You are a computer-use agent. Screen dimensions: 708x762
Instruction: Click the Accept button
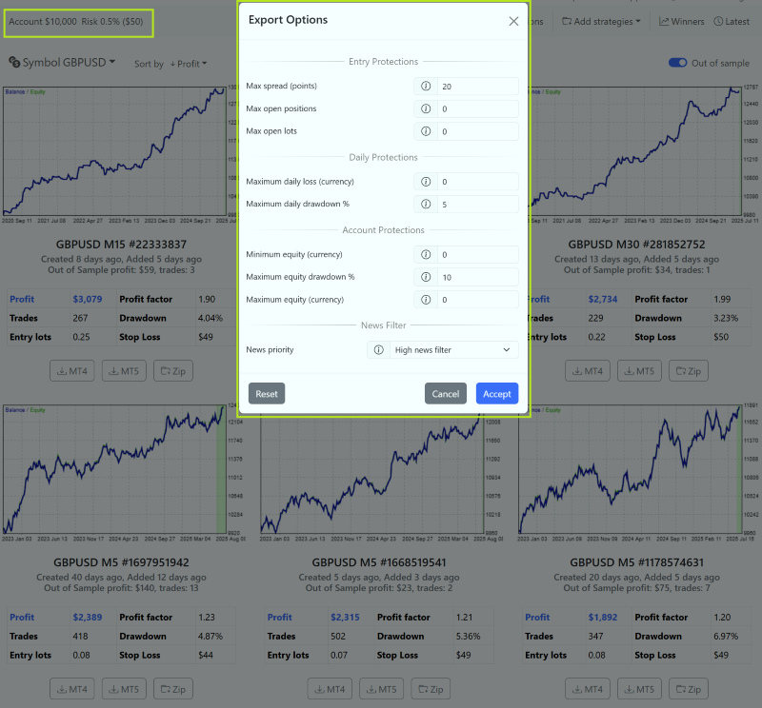(496, 394)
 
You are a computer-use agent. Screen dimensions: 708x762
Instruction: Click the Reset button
(267, 394)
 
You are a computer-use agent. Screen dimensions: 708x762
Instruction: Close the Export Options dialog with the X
(513, 21)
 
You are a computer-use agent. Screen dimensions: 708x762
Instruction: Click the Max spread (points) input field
(477, 87)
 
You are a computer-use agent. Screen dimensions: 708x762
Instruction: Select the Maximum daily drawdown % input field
(477, 205)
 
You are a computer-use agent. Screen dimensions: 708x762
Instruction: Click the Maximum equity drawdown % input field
(477, 277)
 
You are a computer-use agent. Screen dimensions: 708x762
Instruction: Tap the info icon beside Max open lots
(426, 131)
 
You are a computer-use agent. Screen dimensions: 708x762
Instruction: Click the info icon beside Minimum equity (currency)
(426, 255)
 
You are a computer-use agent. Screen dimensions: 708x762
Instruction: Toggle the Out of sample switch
(678, 63)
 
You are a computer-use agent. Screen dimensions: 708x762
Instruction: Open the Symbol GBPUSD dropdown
(63, 63)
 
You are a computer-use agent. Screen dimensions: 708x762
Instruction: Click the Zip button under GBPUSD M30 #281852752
(688, 371)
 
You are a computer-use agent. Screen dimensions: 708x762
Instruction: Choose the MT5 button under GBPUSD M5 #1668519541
(380, 690)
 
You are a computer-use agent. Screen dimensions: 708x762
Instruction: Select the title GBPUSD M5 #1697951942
(122, 562)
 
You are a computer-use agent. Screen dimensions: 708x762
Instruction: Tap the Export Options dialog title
(288, 20)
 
